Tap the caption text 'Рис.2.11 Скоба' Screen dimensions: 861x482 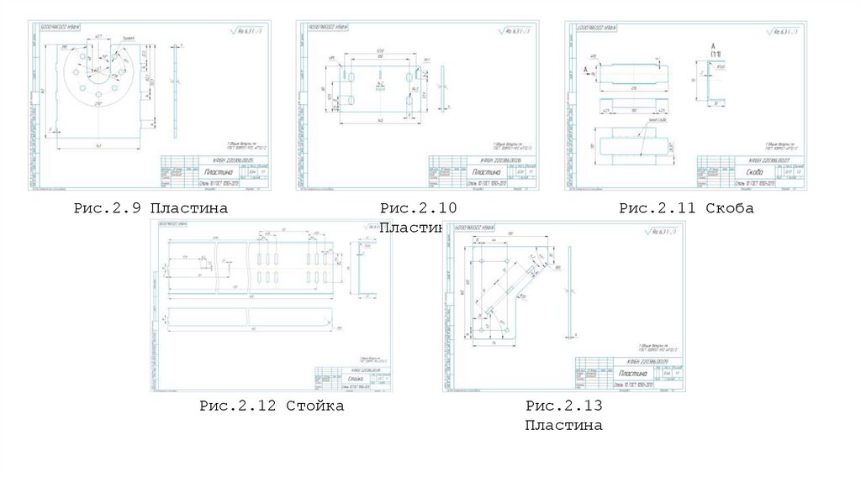pos(686,207)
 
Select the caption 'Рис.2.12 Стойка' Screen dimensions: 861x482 pos(272,406)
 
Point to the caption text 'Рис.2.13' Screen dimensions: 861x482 pos(563,406)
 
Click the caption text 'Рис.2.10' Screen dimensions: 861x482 pos(417,207)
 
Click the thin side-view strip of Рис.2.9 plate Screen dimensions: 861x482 pos(175,88)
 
